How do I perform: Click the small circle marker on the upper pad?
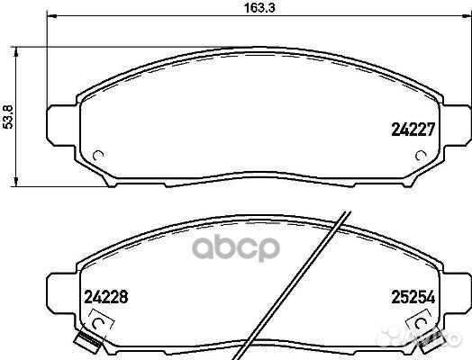[x=99, y=154]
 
